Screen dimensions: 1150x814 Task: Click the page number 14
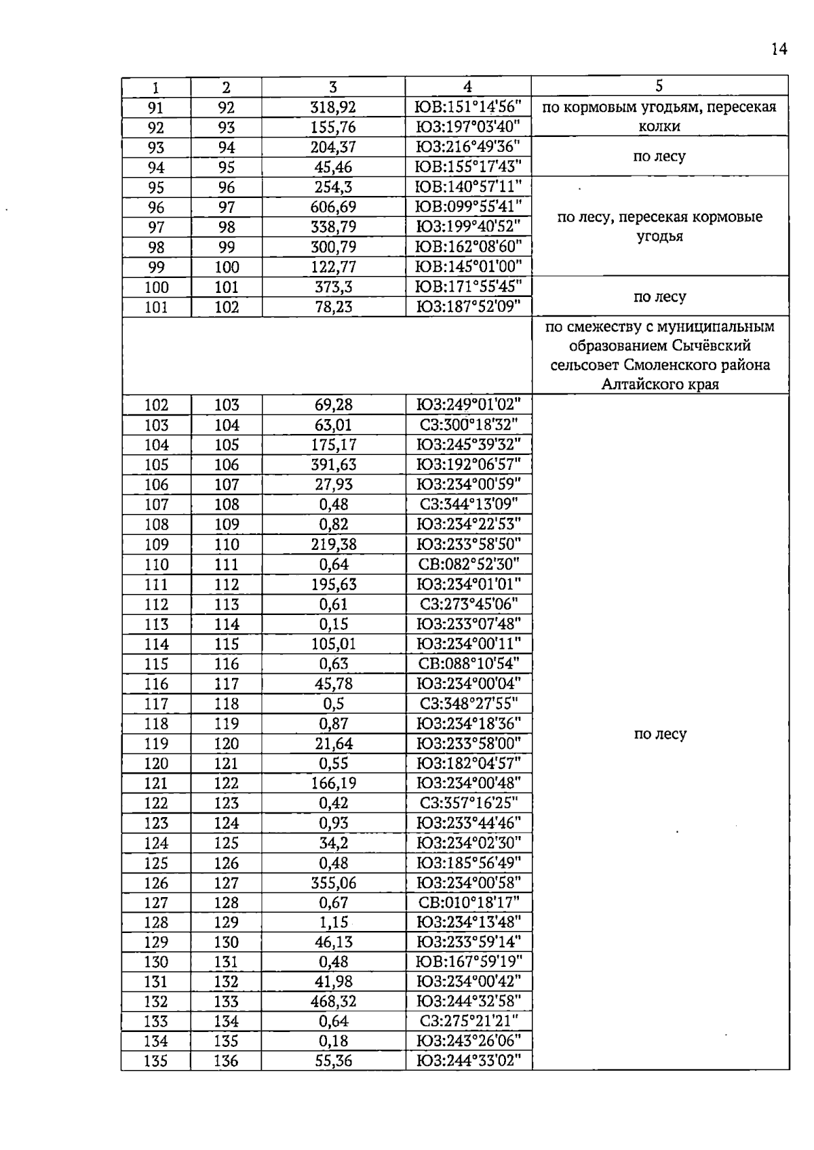pos(779,49)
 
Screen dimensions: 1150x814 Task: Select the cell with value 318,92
pos(333,107)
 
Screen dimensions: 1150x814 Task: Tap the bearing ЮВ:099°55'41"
pos(468,207)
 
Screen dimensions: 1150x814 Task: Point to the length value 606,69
pos(333,207)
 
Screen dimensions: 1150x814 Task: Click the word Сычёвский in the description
pos(714,346)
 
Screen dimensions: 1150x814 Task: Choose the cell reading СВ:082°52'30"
pos(468,564)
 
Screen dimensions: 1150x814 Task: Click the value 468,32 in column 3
pos(333,1002)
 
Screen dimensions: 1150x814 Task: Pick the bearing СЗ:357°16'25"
pos(468,803)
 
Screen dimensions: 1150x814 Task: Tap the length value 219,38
pos(333,544)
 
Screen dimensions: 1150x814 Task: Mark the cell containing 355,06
pos(333,883)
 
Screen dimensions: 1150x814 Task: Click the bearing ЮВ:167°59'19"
pos(468,961)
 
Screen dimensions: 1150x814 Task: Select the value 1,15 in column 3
pos(333,922)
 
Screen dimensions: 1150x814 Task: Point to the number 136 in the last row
pos(226,1061)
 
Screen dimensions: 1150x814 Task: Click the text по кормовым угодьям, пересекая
pos(659,107)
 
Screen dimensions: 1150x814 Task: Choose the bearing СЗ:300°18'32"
pos(468,425)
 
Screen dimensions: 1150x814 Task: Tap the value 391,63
pos(333,464)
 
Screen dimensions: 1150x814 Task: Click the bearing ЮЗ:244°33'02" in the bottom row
pos(468,1061)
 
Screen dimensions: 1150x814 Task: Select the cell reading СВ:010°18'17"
pos(468,903)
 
